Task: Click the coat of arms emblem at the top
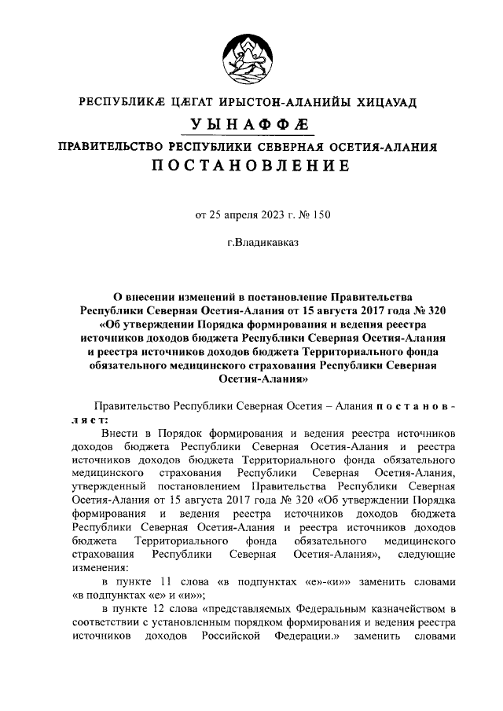(x=251, y=56)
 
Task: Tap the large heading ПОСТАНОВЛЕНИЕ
(x=251, y=167)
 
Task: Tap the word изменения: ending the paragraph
(x=97, y=568)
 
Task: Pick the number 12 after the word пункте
(x=167, y=610)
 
